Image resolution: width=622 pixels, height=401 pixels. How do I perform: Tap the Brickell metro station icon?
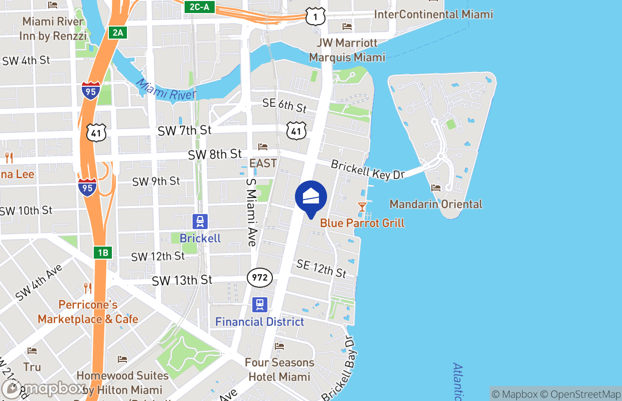200,221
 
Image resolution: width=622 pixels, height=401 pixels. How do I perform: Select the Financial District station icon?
260,304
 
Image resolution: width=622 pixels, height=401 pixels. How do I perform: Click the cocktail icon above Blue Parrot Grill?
362,207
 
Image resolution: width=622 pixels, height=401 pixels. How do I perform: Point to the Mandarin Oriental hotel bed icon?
436,188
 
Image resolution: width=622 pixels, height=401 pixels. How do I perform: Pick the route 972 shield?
260,278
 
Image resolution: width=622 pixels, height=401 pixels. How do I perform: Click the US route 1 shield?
316,17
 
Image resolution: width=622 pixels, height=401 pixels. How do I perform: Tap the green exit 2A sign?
117,33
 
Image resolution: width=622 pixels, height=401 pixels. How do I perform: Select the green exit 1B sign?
102,252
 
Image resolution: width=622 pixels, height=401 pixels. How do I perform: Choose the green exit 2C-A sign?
200,7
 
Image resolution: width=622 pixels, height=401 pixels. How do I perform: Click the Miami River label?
166,89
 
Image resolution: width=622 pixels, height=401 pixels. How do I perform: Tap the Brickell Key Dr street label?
368,170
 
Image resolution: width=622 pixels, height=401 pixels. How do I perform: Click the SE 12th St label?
322,269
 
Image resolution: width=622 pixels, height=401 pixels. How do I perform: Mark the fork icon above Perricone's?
88,288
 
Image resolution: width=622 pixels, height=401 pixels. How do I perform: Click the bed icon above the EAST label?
263,146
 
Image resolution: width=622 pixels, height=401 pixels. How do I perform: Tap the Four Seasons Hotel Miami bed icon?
279,346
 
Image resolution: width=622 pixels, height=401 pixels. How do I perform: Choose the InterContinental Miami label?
433,14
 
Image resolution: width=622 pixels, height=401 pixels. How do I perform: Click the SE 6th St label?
284,105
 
